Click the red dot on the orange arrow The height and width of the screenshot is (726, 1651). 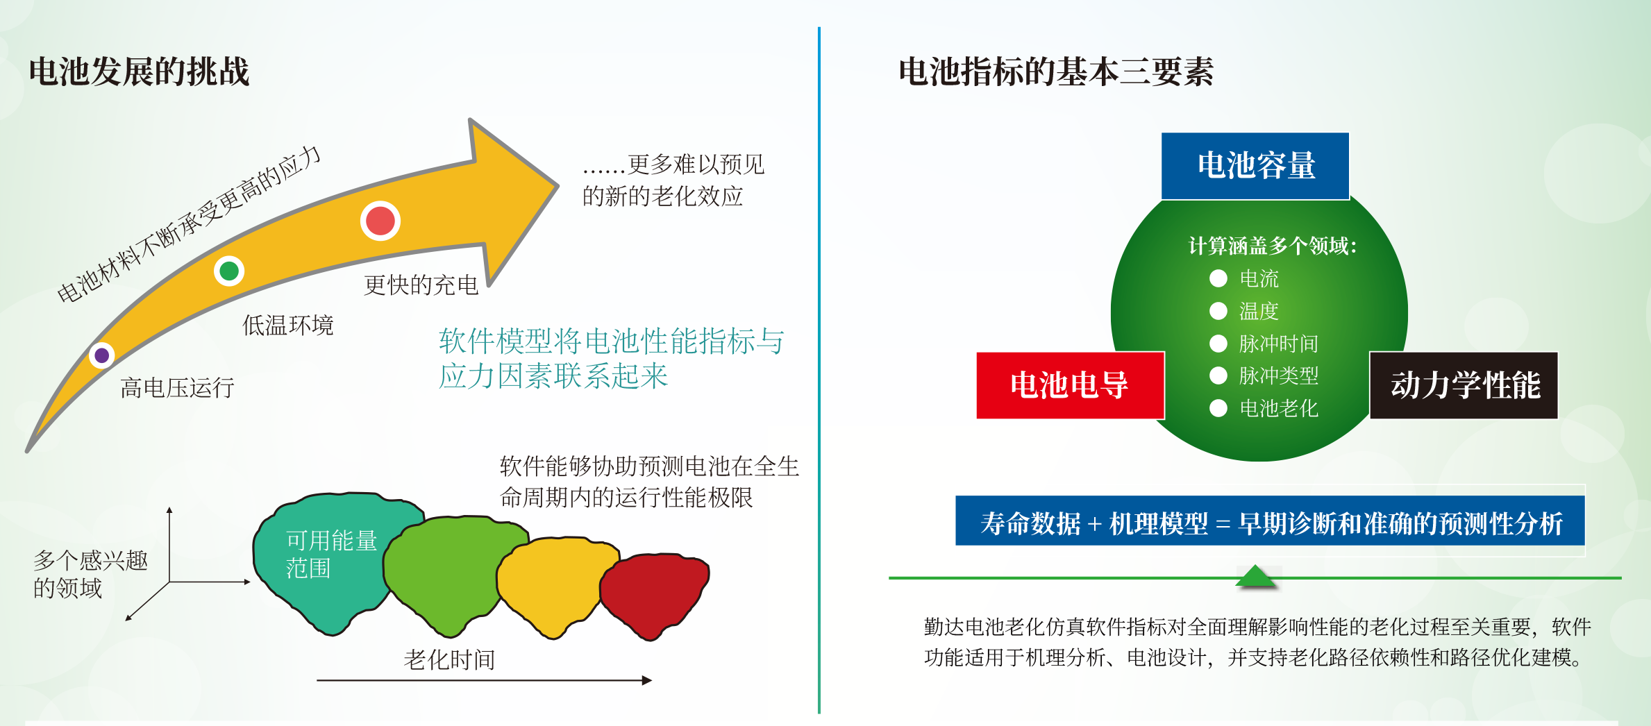pos(380,221)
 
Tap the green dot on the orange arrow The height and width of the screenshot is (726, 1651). pos(229,271)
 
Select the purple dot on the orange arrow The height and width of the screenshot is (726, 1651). pos(102,355)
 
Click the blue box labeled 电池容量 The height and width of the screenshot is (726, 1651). pos(1255,166)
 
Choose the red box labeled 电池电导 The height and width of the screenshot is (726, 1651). pos(1070,385)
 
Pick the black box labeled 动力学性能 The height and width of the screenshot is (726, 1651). pos(1464,385)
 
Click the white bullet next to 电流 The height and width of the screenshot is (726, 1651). pos(1218,278)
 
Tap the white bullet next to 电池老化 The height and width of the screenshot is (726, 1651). pos(1218,408)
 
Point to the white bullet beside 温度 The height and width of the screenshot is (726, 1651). pos(1218,311)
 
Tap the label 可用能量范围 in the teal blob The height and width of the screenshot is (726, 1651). pos(332,555)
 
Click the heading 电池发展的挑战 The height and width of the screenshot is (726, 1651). pos(139,71)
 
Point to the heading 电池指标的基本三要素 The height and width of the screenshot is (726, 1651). pos(1056,71)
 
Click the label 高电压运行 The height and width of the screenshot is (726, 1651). pos(177,387)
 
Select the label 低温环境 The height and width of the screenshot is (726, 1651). pos(288,325)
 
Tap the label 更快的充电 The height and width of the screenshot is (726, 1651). pos(421,285)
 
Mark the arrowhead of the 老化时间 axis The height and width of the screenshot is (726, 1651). pos(647,680)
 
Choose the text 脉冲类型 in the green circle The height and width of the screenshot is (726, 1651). pos(1279,375)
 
